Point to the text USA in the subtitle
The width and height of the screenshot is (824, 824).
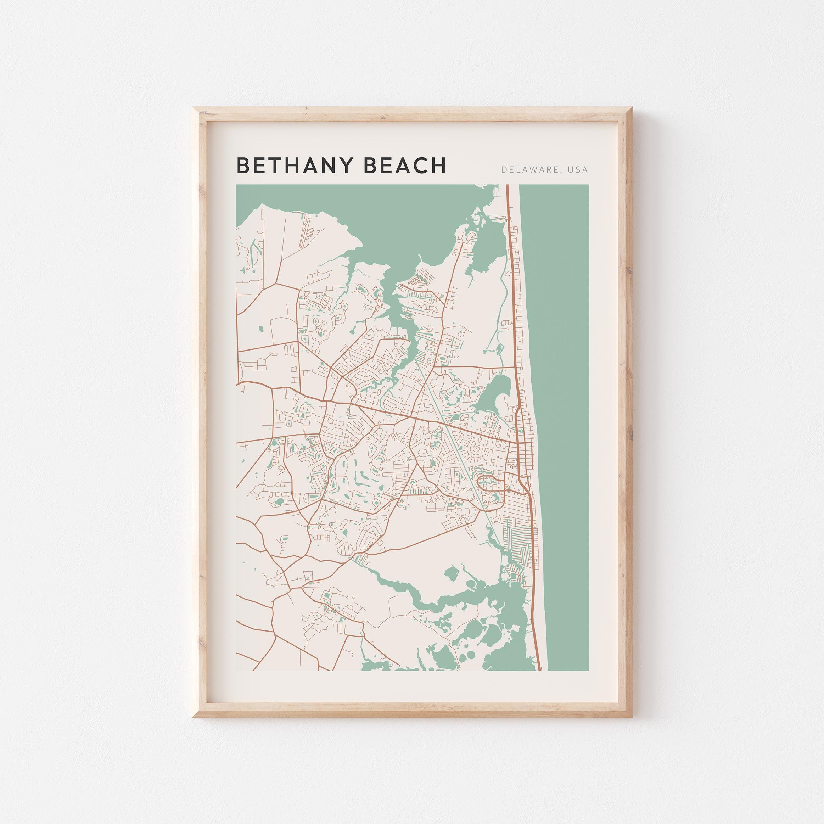pos(577,170)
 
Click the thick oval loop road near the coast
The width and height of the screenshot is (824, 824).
pos(491,484)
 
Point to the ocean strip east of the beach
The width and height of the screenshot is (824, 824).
pos(563,426)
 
